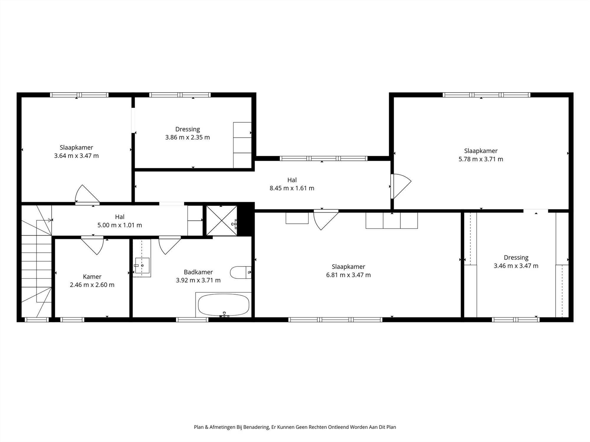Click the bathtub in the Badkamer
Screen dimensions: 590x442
tap(223, 305)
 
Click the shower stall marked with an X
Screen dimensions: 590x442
tap(222, 221)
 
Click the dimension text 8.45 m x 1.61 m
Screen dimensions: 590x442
tap(292, 188)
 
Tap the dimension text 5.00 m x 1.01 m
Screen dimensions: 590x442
tap(119, 225)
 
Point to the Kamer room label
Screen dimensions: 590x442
tap(92, 276)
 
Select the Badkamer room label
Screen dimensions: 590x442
tap(198, 272)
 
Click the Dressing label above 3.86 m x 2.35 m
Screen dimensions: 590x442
tap(188, 129)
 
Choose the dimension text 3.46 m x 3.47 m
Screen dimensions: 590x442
tap(516, 266)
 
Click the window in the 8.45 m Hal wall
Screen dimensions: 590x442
tap(324, 159)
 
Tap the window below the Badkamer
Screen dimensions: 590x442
tap(192, 320)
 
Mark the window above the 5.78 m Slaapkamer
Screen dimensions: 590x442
tap(486, 95)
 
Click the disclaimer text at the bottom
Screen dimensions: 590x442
tap(295, 427)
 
